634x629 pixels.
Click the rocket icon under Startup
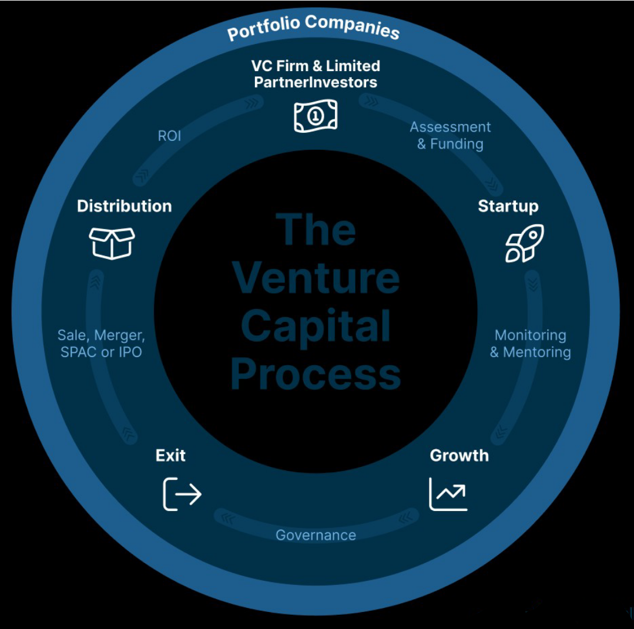(x=525, y=243)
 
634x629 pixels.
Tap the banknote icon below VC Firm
(x=316, y=116)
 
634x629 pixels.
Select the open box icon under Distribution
(x=112, y=243)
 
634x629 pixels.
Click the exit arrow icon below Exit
(x=182, y=494)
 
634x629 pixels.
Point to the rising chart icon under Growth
(x=448, y=494)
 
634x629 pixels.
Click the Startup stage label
(x=508, y=206)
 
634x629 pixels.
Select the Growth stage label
(x=459, y=455)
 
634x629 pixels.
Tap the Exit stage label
(x=170, y=455)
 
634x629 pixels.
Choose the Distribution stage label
(x=124, y=206)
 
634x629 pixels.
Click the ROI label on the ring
(x=169, y=136)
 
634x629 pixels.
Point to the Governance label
(x=316, y=535)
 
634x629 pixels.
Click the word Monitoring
(x=530, y=335)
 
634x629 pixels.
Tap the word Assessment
(x=450, y=127)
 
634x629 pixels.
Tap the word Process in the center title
(x=316, y=374)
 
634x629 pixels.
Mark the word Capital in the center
(x=316, y=327)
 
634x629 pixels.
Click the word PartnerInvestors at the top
(x=316, y=82)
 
